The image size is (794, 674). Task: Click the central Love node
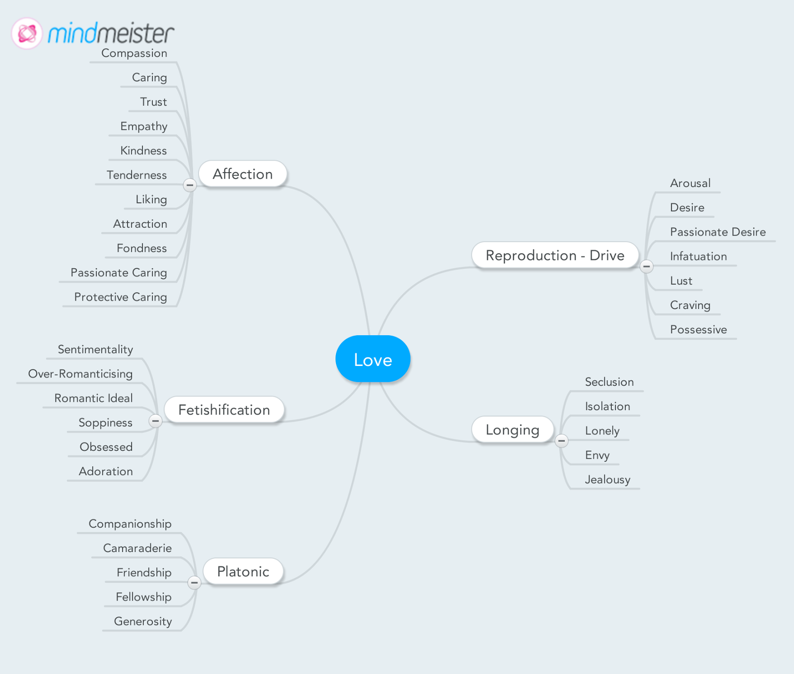373,359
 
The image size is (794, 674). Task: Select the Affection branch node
243,174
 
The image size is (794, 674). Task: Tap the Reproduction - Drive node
555,255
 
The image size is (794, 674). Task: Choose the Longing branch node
512,429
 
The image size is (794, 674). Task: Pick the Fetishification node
224,410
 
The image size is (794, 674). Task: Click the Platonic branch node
243,571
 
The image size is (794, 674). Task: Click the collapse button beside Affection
190,185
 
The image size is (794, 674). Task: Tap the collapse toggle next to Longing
561,440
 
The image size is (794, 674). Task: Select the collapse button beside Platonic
194,582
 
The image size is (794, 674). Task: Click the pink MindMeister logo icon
27,34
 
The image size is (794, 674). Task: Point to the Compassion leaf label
134,53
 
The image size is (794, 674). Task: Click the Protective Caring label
121,297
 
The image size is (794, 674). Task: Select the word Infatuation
698,256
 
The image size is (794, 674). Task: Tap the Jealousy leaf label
607,480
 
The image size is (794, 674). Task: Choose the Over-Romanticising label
80,374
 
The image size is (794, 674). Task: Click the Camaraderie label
137,548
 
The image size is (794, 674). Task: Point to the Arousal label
690,183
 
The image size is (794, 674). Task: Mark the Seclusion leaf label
609,382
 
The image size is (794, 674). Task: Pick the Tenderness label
136,175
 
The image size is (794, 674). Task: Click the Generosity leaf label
143,621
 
